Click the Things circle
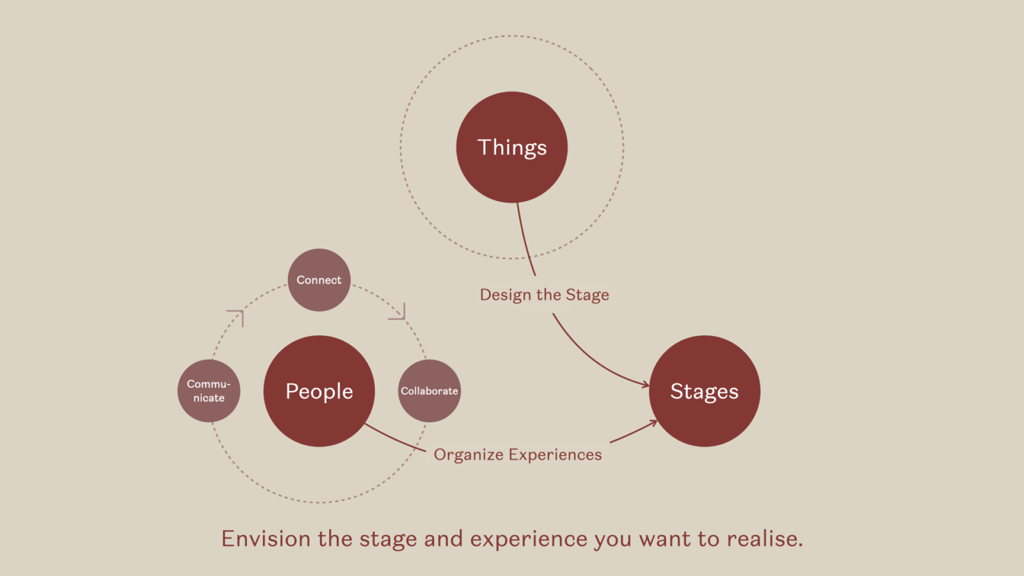point(511,147)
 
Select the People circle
point(319,391)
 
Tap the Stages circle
point(705,391)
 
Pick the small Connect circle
point(319,280)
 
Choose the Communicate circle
point(209,391)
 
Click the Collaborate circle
point(429,391)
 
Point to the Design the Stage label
point(545,295)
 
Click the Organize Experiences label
point(518,455)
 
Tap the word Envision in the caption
point(266,538)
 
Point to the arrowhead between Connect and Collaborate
point(397,311)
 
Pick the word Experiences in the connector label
point(556,455)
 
